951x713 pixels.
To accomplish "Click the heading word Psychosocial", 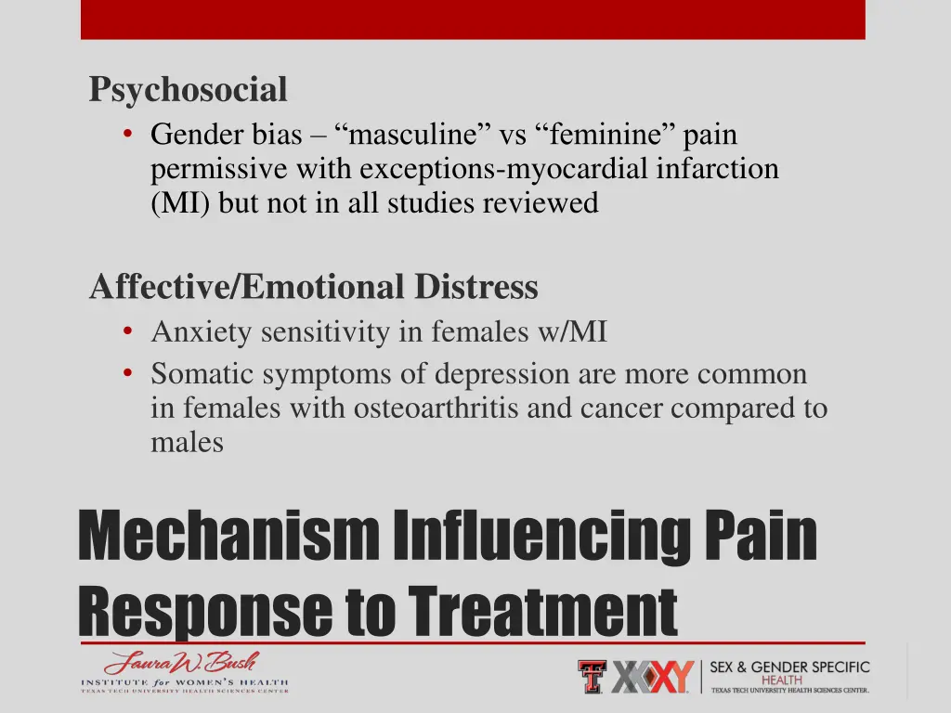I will [188, 91].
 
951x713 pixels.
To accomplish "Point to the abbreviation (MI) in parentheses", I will [182, 202].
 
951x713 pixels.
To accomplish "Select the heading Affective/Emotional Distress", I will [314, 287].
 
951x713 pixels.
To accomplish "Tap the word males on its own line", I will [187, 442].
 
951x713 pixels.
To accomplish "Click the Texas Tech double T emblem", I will [592, 676].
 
